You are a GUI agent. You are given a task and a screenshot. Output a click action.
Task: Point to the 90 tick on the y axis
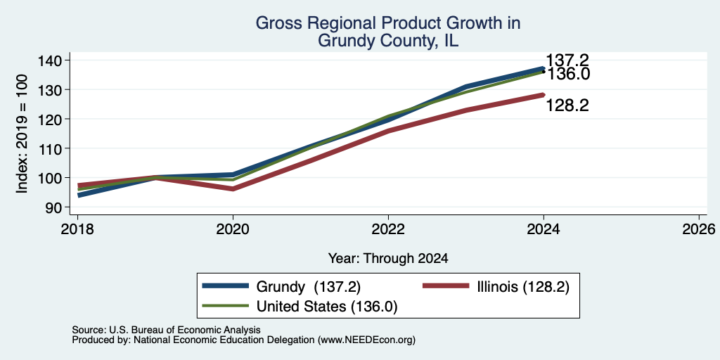tap(51, 207)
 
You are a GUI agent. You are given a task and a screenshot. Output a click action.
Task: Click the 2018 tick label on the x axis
tap(77, 229)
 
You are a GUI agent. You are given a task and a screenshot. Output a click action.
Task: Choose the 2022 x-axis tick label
tap(388, 229)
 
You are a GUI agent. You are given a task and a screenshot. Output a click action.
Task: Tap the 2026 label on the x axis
tap(699, 229)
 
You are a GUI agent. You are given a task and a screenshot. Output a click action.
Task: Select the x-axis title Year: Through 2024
tap(388, 259)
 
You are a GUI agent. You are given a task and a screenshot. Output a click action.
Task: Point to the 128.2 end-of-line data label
tap(567, 106)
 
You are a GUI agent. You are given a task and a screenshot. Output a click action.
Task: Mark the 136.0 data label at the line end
tap(567, 74)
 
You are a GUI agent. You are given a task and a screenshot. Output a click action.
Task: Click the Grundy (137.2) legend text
tap(308, 287)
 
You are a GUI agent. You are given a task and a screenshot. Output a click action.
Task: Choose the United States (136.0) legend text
tap(326, 307)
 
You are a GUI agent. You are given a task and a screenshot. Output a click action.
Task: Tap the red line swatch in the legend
tap(445, 287)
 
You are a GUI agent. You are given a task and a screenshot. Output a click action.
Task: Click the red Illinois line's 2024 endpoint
tap(544, 95)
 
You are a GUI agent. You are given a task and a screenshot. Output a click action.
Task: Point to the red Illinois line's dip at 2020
tap(233, 188)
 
